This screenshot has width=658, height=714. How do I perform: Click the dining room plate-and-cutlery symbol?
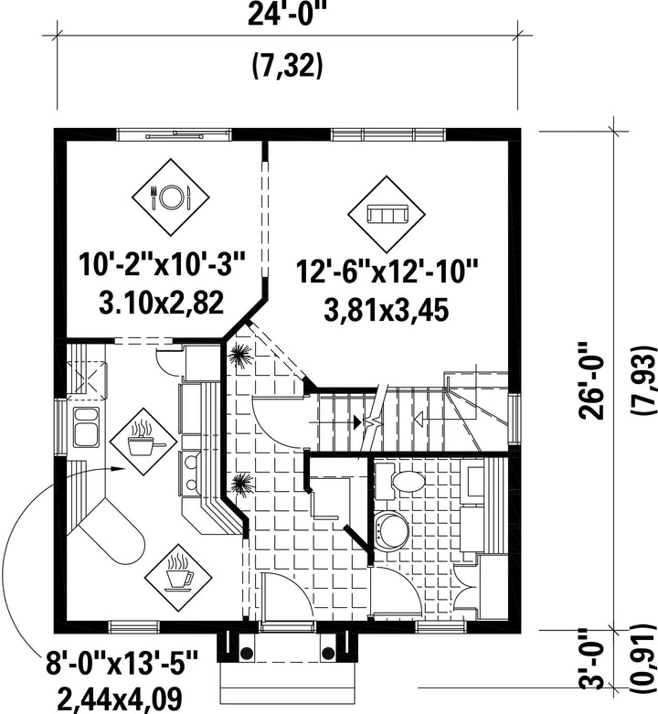point(171,197)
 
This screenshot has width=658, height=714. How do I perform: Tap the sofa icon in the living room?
point(387,214)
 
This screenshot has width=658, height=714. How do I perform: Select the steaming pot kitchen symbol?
point(143,441)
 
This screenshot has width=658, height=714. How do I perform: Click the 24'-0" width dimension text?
point(288,16)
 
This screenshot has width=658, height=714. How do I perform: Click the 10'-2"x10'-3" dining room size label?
point(163,264)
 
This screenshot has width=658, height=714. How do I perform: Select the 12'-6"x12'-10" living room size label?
point(387,272)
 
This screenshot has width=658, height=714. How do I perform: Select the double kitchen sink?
point(86,428)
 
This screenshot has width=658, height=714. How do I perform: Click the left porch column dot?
point(246,654)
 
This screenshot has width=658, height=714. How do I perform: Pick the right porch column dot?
point(328,654)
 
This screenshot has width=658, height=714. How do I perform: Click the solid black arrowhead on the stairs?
point(357,421)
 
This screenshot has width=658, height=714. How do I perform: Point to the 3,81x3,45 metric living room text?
point(387,311)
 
